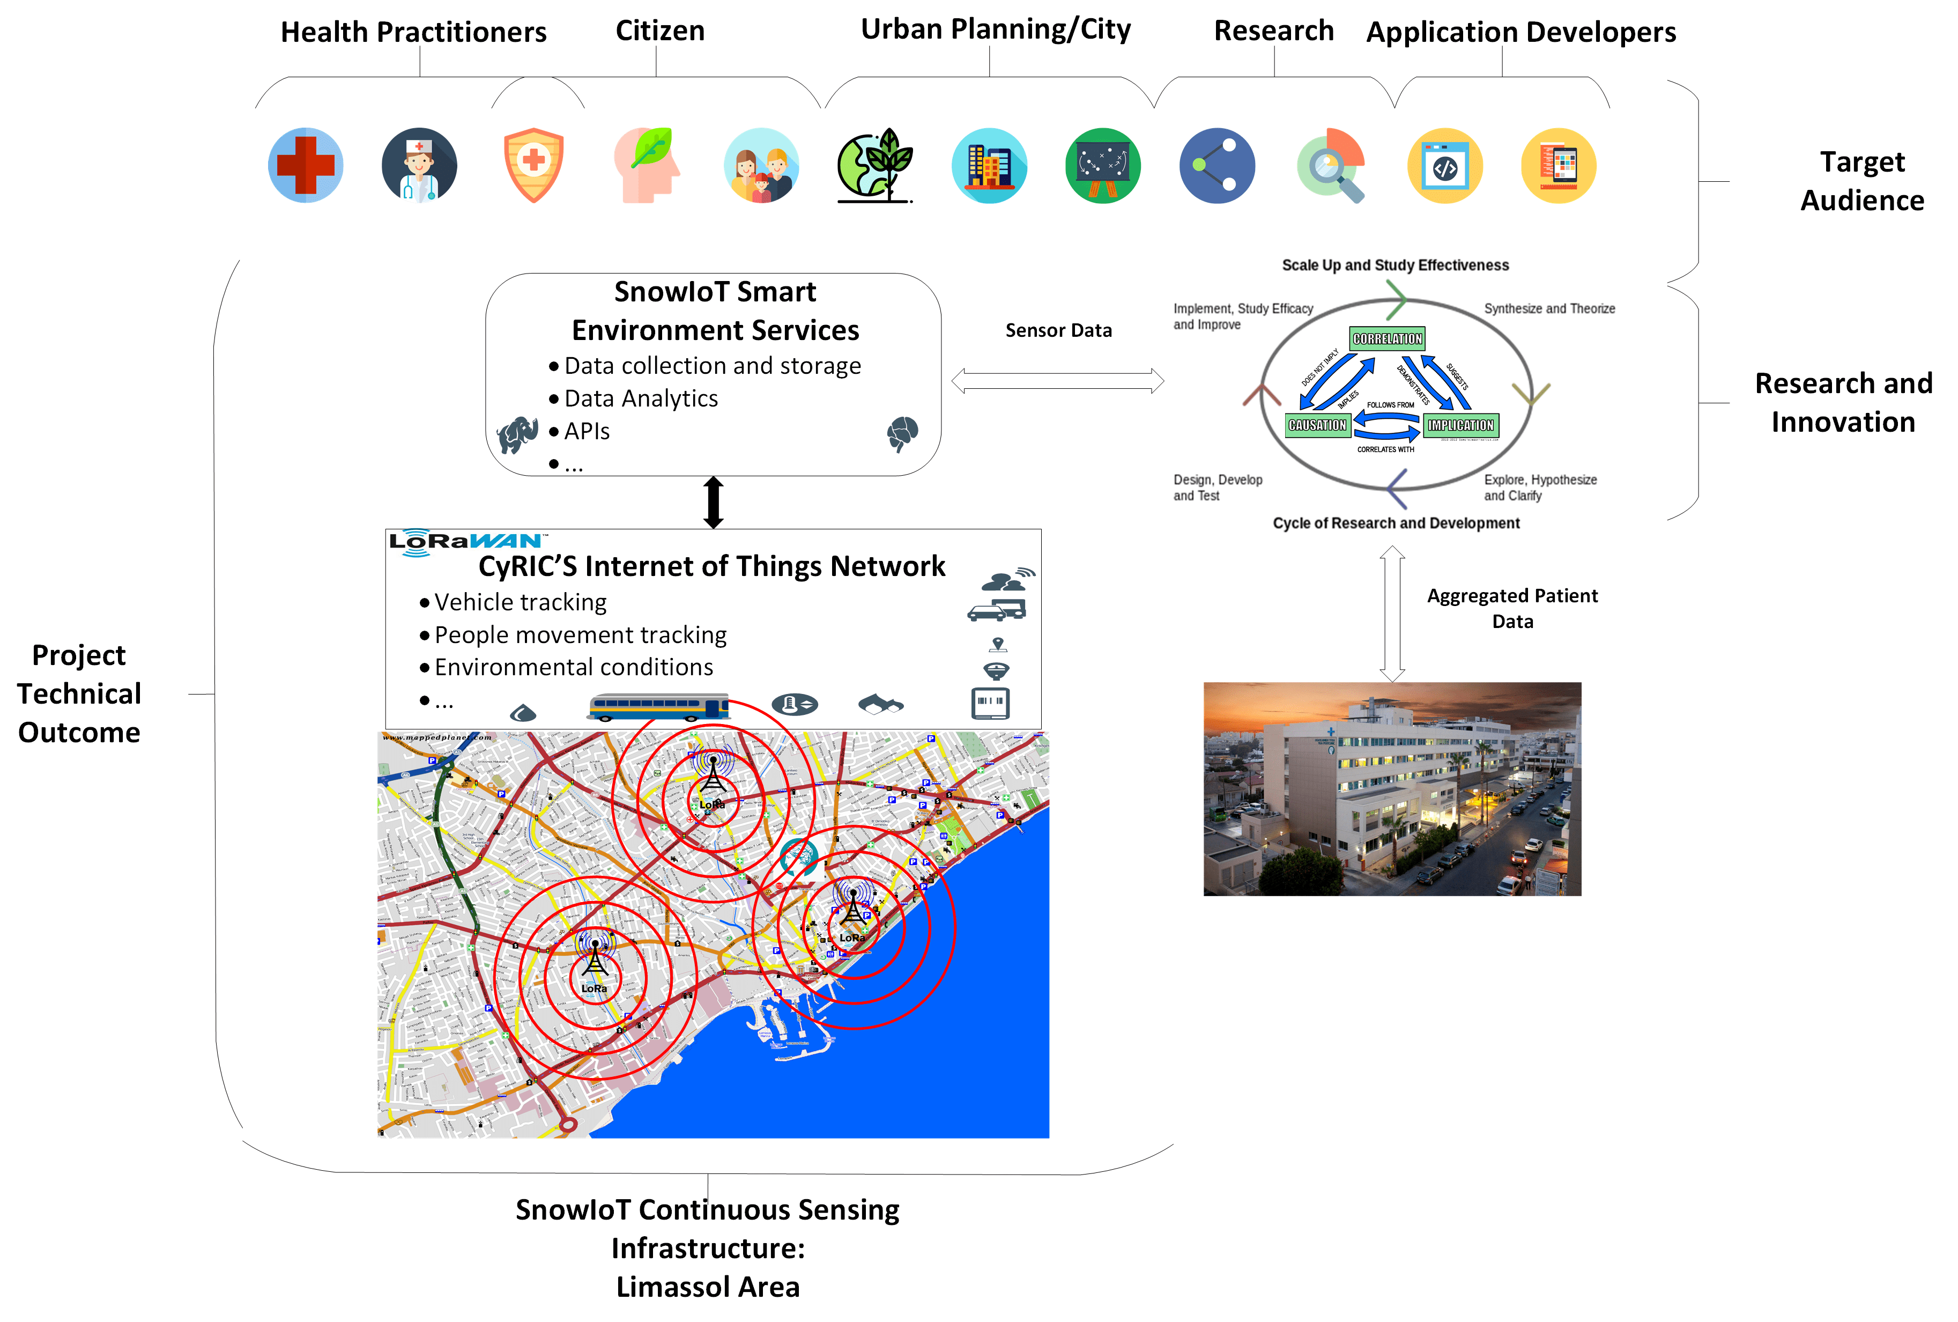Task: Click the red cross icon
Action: tap(306, 165)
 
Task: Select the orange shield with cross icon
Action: tap(533, 165)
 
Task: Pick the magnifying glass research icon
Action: tap(1331, 165)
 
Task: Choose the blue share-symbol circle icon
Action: tap(1217, 165)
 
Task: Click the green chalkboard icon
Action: tap(1103, 165)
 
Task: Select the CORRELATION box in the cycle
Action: tap(1387, 339)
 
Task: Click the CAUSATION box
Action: tap(1317, 425)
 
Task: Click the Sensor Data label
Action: tap(1058, 330)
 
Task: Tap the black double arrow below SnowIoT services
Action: tap(713, 502)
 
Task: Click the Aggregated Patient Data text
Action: tap(1512, 608)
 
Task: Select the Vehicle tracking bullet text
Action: tap(521, 602)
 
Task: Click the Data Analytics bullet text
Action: tap(641, 398)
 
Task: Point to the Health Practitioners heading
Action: tap(414, 32)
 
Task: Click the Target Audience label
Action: tap(1862, 180)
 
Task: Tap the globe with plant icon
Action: tap(874, 165)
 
